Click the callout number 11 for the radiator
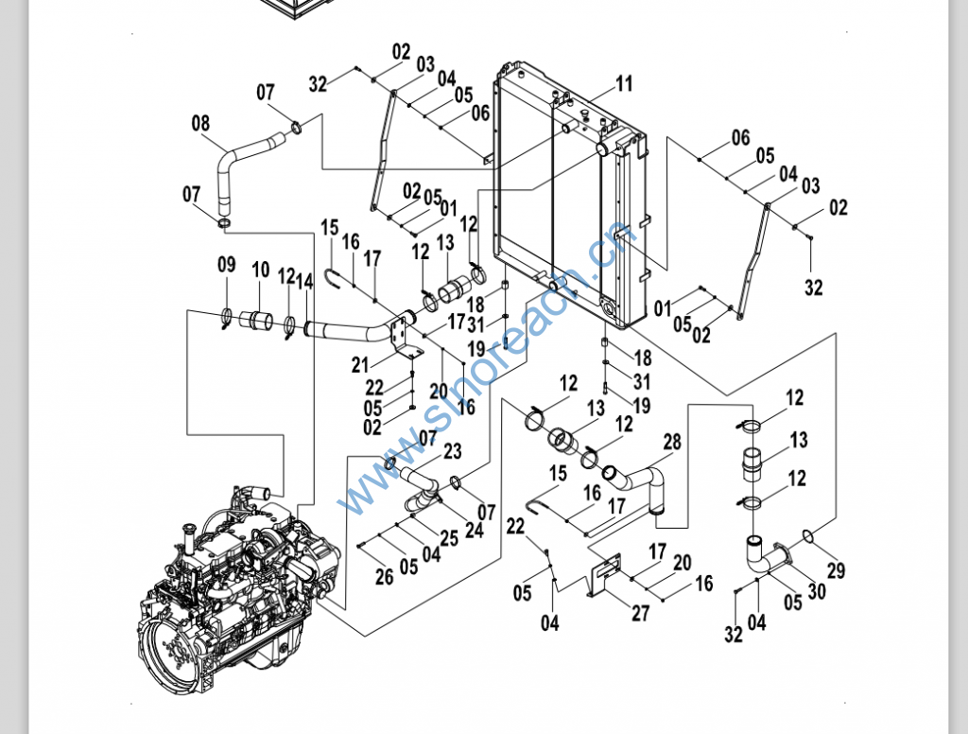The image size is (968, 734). tap(624, 84)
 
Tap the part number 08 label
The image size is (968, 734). tap(200, 123)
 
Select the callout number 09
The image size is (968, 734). tap(226, 265)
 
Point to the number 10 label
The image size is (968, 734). tap(261, 271)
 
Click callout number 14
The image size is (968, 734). tap(304, 281)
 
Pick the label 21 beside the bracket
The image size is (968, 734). tap(360, 365)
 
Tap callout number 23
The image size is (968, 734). tap(452, 451)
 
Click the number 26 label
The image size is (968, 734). tap(384, 575)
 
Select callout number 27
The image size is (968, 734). tap(641, 613)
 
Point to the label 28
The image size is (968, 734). tap(672, 442)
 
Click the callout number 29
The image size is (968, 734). tap(836, 570)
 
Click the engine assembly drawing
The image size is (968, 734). tap(236, 577)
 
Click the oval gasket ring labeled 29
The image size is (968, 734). tap(808, 537)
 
